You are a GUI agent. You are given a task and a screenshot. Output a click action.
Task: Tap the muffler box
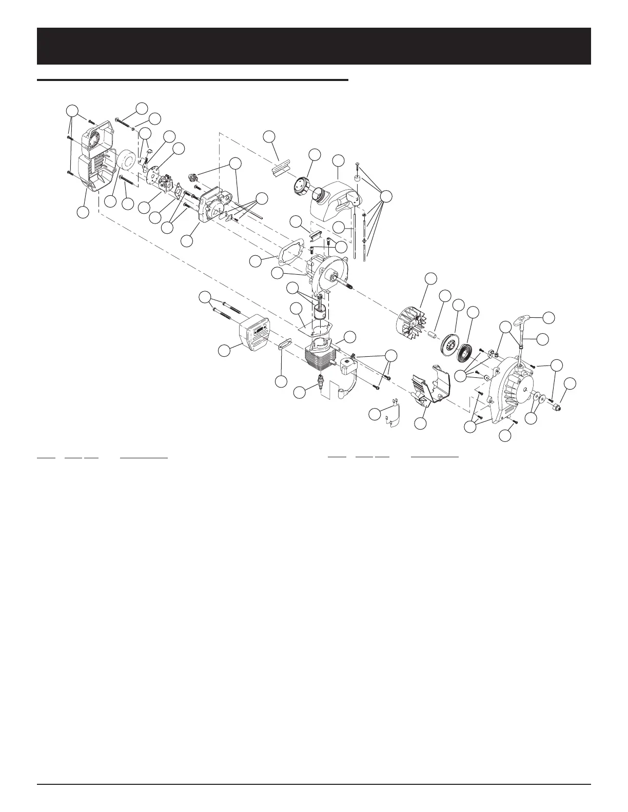point(247,339)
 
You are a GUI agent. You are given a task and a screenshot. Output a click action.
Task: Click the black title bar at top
point(314,46)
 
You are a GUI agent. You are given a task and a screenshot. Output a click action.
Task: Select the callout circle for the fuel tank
point(338,160)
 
